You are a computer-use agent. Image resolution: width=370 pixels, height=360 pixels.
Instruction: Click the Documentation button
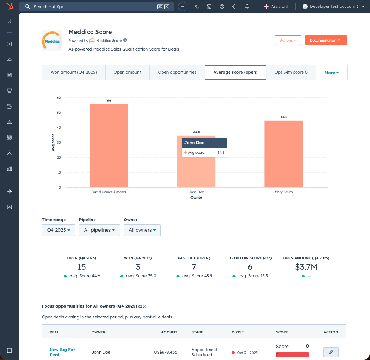[325, 40]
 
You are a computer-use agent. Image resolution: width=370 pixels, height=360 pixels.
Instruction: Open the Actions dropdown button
[288, 40]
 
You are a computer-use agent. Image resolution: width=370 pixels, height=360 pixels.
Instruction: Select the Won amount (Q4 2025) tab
[74, 73]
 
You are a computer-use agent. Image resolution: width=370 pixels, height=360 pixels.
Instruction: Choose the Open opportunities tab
[177, 73]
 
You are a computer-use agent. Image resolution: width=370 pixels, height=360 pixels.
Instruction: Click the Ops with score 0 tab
[291, 73]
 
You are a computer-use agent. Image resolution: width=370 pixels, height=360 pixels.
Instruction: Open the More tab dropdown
[331, 73]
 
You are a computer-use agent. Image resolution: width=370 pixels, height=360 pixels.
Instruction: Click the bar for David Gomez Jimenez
[109, 146]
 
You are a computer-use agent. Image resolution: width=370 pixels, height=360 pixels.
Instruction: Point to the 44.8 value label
[284, 117]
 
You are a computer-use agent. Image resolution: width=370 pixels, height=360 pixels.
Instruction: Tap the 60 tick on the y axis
[59, 98]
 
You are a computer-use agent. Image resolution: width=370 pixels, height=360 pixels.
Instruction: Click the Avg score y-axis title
[53, 143]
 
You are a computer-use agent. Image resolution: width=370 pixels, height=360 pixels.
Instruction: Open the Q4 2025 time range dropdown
[59, 230]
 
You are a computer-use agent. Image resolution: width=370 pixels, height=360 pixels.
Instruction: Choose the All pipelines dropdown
[99, 230]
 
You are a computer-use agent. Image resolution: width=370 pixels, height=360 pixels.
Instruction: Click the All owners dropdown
[142, 230]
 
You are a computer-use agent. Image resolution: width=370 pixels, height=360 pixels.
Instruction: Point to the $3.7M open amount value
[306, 267]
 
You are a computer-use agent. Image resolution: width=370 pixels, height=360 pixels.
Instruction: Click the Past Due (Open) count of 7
[194, 267]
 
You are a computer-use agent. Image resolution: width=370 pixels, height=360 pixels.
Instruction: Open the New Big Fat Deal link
[62, 352]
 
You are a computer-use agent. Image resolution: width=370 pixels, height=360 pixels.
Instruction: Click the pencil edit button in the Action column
[331, 352]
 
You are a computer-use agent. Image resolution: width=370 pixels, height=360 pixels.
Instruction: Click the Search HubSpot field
[94, 7]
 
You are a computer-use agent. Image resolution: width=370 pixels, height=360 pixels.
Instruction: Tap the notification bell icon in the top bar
[247, 7]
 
